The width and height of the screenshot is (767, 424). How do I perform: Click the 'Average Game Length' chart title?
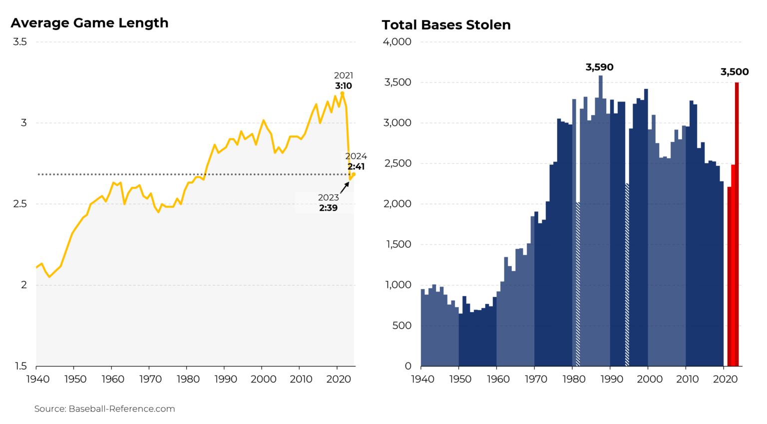89,23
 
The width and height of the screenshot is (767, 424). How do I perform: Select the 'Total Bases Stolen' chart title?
446,25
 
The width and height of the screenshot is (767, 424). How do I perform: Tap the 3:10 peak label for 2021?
344,86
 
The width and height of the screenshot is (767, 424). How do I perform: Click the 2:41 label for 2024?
356,166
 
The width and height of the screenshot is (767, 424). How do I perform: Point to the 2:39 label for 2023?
328,208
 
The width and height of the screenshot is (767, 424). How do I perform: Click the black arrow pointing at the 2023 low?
345,187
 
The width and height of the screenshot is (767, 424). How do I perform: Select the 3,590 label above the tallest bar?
599,67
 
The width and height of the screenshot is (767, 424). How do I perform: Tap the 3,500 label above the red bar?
734,72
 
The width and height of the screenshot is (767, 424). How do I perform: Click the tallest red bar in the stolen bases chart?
737,225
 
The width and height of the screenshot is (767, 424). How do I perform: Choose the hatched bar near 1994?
627,275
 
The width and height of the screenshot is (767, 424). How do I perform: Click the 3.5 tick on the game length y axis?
20,42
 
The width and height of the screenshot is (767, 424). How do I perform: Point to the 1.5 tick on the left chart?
20,366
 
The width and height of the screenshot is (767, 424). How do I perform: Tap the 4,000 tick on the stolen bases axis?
397,42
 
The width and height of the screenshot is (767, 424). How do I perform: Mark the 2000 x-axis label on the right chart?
649,379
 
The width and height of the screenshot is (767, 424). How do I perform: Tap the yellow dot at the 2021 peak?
342,93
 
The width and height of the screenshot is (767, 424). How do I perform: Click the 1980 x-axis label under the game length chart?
188,379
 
